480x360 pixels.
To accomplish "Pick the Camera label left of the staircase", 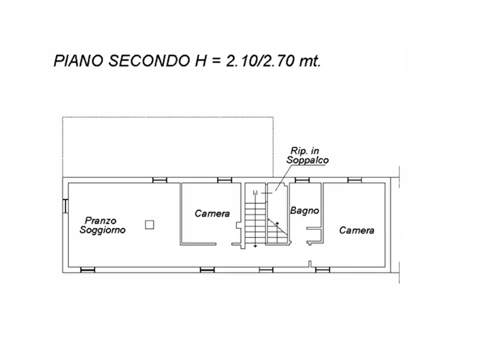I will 212,213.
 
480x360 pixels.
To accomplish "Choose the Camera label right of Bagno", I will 356,230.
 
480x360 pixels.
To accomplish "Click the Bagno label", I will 305,211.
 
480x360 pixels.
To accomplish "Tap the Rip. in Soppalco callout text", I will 307,156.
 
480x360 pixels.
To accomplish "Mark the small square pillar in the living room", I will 150,225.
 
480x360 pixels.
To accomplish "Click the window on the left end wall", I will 65,206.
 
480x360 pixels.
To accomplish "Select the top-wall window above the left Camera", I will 224,179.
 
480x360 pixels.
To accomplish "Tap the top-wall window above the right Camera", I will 354,179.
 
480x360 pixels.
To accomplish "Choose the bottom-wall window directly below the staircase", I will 266,269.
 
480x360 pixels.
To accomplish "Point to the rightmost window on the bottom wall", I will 322,269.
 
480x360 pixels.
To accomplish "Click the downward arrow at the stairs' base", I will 255,245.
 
